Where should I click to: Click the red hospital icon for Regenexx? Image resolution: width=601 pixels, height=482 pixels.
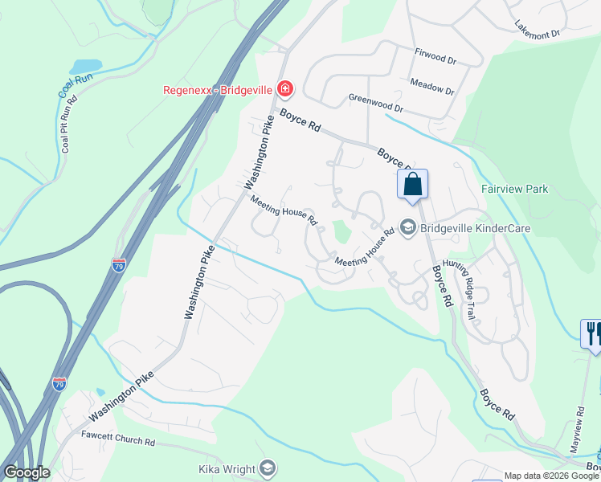[284, 88]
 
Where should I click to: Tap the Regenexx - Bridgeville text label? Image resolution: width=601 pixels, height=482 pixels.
[217, 89]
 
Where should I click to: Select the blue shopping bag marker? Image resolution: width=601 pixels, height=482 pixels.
[412, 184]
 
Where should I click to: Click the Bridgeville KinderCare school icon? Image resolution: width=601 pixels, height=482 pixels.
[407, 228]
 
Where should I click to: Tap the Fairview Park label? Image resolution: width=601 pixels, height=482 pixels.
[514, 189]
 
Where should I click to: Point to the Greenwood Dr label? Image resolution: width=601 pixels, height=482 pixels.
[375, 102]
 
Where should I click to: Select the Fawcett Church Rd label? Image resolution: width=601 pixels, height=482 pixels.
[118, 441]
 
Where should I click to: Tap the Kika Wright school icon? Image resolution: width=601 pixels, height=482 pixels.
[268, 469]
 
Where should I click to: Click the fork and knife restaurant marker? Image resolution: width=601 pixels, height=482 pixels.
[592, 333]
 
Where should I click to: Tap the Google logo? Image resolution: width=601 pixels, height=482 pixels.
[27, 472]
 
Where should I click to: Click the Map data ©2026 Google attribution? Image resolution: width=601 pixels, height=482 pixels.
[552, 476]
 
